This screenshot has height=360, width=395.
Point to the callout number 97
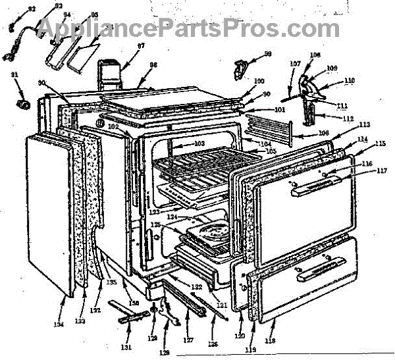click(140, 46)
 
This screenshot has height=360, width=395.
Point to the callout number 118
click(271, 341)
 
